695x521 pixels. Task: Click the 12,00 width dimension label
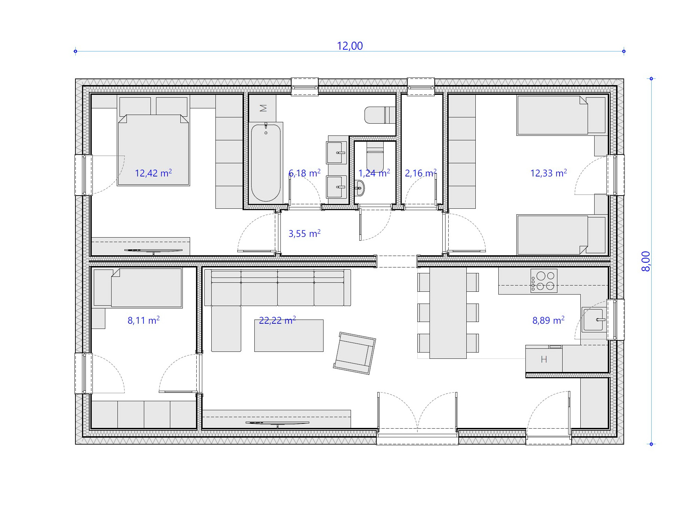click(350, 46)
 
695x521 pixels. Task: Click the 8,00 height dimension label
click(646, 261)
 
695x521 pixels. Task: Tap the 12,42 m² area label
click(153, 173)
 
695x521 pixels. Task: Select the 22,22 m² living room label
click(277, 320)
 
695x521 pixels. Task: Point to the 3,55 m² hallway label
click(304, 233)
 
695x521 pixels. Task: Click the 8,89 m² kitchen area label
click(548, 320)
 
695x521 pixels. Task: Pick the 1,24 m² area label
click(374, 173)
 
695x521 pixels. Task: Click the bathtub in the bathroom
click(266, 163)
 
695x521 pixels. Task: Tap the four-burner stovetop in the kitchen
click(544, 281)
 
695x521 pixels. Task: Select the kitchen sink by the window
click(594, 320)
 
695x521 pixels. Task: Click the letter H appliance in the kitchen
click(544, 359)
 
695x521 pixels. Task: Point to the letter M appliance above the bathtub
click(263, 108)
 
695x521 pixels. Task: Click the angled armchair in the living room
click(354, 353)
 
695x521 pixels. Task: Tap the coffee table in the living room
click(289, 336)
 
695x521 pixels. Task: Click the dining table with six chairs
click(448, 313)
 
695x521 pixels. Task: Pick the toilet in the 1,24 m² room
click(375, 156)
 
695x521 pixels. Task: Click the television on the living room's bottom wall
click(277, 423)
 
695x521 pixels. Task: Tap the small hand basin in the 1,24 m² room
click(359, 188)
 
